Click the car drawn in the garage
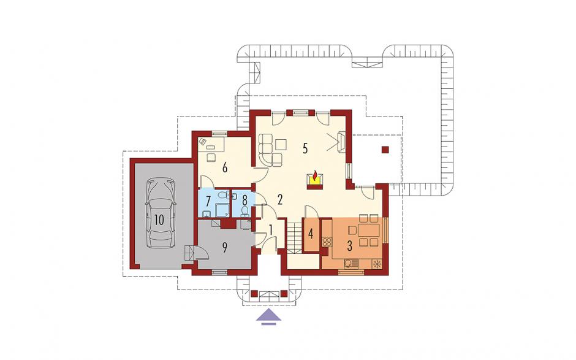coord(161,213)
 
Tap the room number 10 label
coord(159,220)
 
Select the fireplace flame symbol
coord(315,178)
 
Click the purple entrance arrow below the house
coord(269,317)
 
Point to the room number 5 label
coord(305,148)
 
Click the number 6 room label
coord(225,167)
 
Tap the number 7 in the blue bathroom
coord(208,201)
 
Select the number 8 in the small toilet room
coord(244,201)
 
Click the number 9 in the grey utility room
coord(224,247)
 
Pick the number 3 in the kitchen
coord(349,246)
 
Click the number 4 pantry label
coord(311,234)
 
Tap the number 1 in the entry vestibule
coord(271,230)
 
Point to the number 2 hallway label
coord(280,200)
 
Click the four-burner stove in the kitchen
coord(327,242)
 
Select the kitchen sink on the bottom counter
coord(351,263)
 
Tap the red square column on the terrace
coord(385,150)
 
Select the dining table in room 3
coord(369,231)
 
